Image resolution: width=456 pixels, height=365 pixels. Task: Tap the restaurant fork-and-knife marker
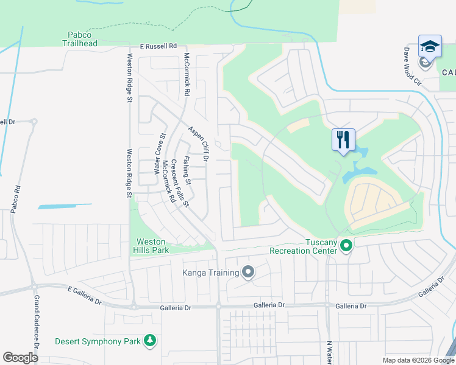pyautogui.click(x=343, y=139)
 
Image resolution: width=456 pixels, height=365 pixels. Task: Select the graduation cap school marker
pyautogui.click(x=429, y=46)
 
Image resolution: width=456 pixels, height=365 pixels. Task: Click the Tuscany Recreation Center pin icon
pyautogui.click(x=346, y=246)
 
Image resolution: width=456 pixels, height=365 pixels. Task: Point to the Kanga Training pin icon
pyautogui.click(x=248, y=272)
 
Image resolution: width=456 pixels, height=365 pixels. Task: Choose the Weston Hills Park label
pyautogui.click(x=151, y=246)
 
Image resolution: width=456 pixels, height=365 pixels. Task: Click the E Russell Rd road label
pyautogui.click(x=158, y=46)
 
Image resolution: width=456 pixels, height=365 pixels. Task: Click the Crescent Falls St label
pyautogui.click(x=180, y=182)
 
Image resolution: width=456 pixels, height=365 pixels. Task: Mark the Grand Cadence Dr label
pyautogui.click(x=37, y=329)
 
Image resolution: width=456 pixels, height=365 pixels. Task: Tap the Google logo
pyautogui.click(x=21, y=358)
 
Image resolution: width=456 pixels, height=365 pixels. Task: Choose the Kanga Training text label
pyautogui.click(x=211, y=272)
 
